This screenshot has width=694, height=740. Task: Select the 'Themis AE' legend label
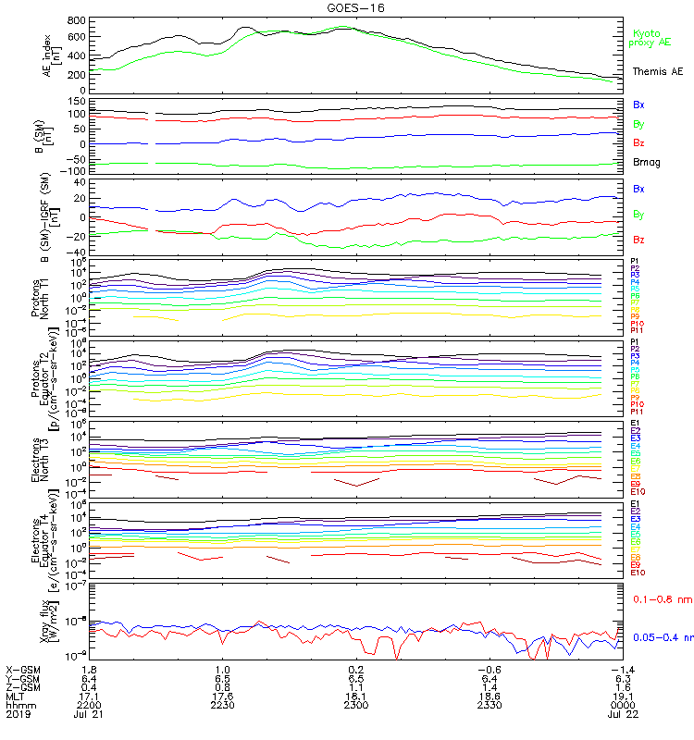click(657, 71)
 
